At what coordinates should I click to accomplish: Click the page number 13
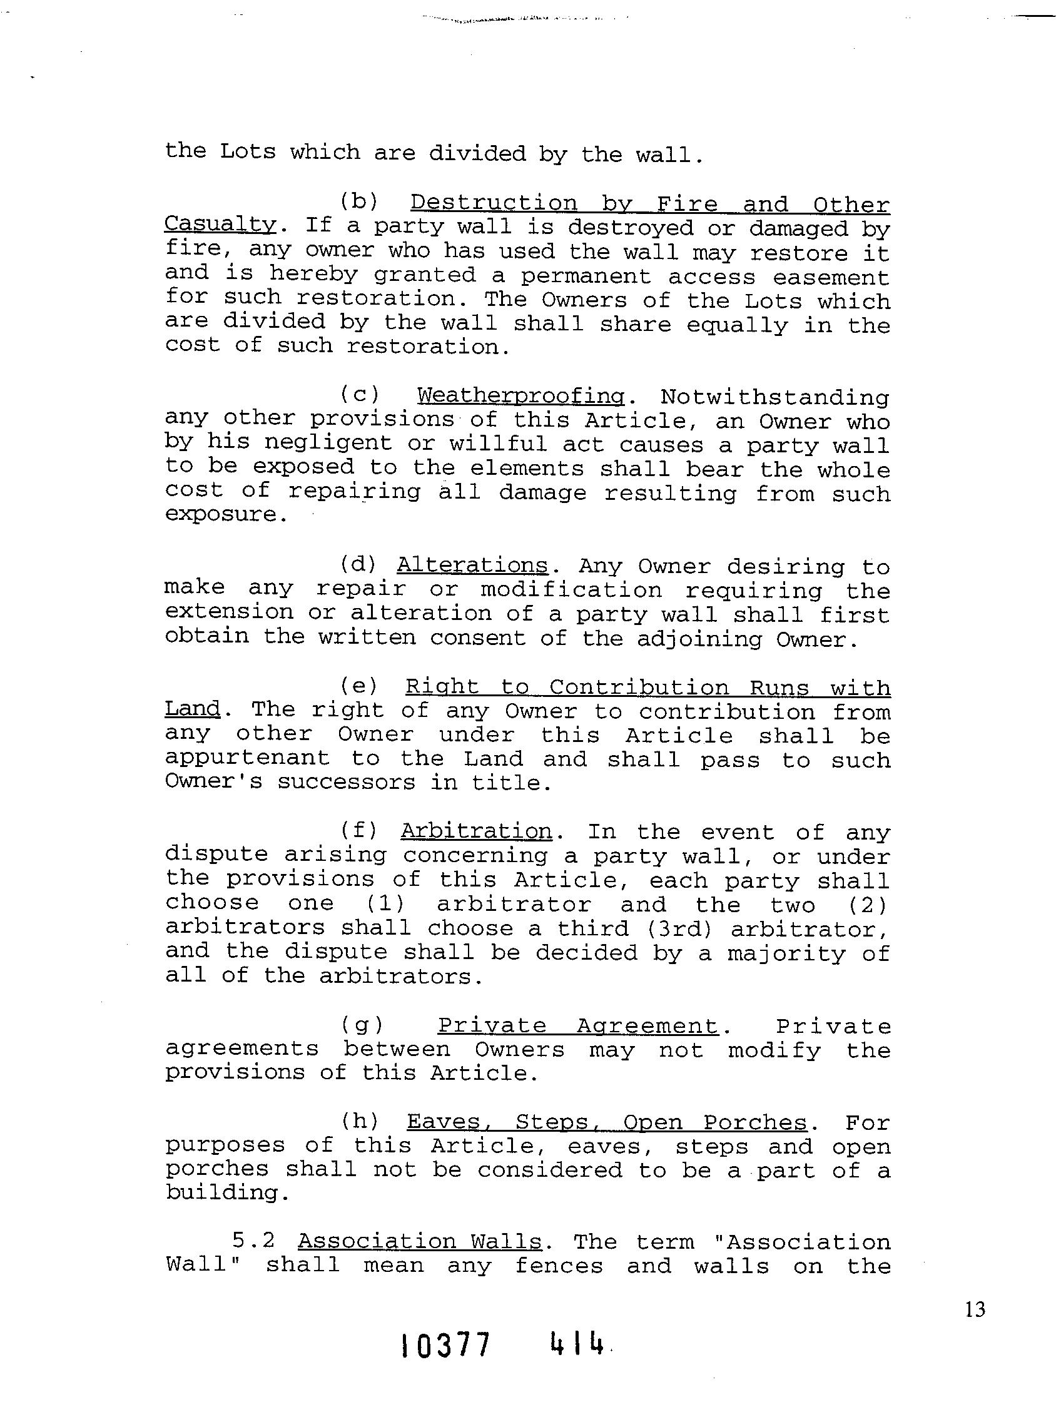coord(975,1309)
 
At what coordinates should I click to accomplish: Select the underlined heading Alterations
coord(472,565)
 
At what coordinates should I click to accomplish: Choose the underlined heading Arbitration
coord(476,831)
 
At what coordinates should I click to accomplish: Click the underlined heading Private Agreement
coord(578,1025)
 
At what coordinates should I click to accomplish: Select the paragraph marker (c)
coord(359,395)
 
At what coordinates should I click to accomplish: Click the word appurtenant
coord(247,759)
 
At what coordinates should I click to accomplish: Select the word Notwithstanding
coord(774,397)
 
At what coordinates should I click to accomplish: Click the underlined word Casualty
coord(220,225)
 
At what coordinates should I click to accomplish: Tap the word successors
coord(346,782)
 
